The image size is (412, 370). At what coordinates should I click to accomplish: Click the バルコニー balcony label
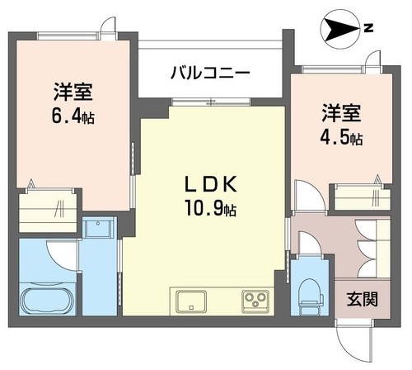pyautogui.click(x=210, y=72)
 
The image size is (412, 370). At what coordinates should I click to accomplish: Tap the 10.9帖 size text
pyautogui.click(x=209, y=209)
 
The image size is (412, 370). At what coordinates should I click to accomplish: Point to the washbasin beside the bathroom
pyautogui.click(x=101, y=231)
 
